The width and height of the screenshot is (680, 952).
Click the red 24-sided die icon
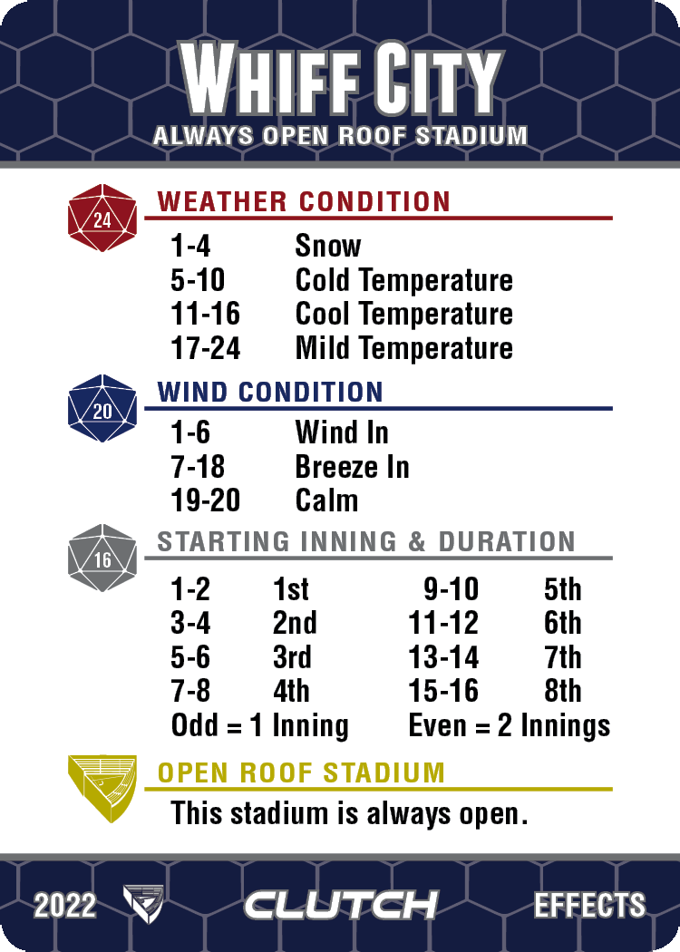pos(102,218)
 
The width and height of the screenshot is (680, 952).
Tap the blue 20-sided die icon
pos(102,409)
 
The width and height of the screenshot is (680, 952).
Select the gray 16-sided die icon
pos(102,558)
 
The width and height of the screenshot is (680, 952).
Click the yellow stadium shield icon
pos(102,789)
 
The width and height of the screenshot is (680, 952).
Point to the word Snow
pos(328,246)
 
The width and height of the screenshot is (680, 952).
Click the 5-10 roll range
pos(198,280)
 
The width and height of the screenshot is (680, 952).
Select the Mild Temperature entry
pos(403,348)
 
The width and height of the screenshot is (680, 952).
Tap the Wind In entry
pos(342,432)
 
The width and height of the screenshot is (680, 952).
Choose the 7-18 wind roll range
pos(198,467)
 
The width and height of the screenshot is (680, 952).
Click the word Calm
pos(326,500)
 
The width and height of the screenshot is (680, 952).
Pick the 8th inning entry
pos(563,691)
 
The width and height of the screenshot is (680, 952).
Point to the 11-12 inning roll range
pos(444,623)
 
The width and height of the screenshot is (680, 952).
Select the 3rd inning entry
pos(292,657)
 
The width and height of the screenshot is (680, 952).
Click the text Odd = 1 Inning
pos(260,726)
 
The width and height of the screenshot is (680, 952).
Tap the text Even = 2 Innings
pos(510,726)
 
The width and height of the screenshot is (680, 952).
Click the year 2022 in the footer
pos(65,906)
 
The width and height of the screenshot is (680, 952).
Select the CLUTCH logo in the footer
pos(341,905)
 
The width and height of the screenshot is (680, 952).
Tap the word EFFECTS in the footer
pos(589,905)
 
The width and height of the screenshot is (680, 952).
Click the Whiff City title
pos(342,78)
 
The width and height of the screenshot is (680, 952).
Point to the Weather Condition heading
pos(304,201)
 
